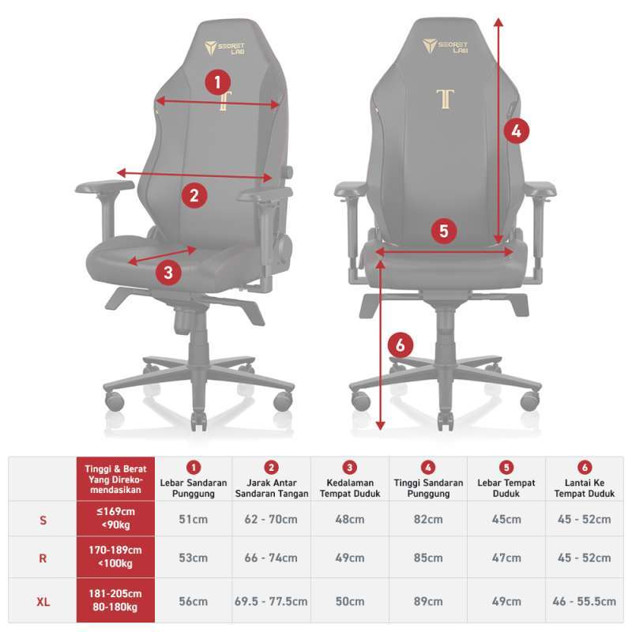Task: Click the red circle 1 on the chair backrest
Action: (218, 81)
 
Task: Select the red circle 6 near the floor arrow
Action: (401, 344)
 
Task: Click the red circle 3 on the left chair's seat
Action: (168, 273)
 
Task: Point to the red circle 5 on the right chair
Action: (443, 231)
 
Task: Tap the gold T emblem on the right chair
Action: (446, 100)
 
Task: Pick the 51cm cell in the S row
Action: (194, 519)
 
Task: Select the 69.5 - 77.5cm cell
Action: (271, 601)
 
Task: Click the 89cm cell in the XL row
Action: (427, 601)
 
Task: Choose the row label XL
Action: (43, 601)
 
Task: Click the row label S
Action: (43, 519)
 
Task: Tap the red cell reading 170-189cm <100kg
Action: (115, 558)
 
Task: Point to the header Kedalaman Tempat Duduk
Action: (350, 487)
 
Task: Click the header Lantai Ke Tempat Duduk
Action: (584, 487)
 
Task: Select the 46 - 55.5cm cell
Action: (584, 601)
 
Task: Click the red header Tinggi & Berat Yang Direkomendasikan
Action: (115, 479)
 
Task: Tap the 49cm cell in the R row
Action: (350, 558)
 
